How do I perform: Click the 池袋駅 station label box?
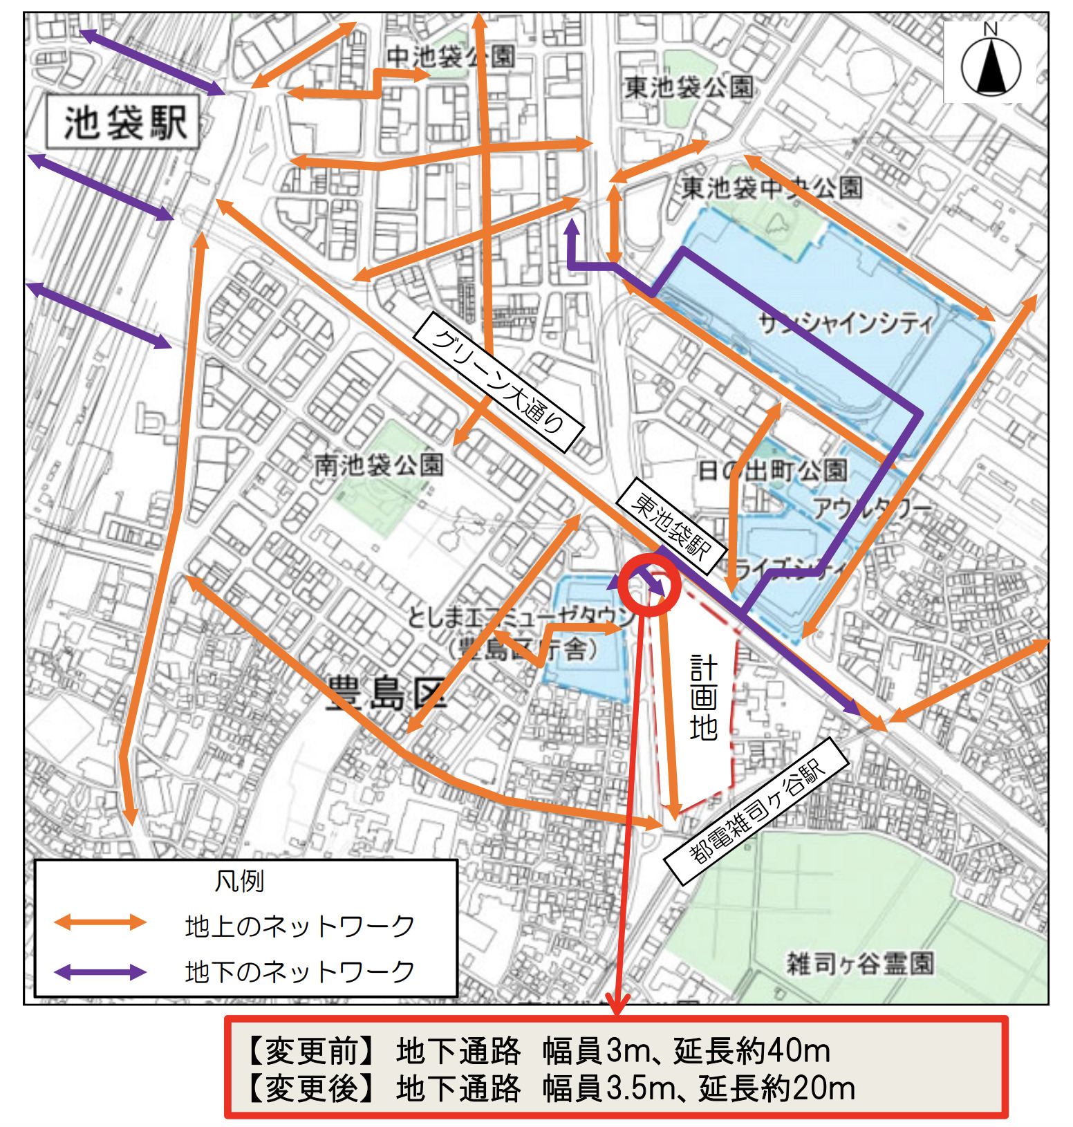(x=124, y=122)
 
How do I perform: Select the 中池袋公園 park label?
(x=450, y=56)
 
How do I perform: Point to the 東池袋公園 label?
(x=689, y=87)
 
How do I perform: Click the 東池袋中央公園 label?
(x=772, y=187)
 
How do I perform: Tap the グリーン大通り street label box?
(x=498, y=381)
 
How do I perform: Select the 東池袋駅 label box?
(x=671, y=526)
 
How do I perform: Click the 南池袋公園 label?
(x=378, y=465)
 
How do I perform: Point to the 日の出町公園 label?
(x=772, y=471)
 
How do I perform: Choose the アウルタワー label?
(x=872, y=508)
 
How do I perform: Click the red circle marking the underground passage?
(x=649, y=585)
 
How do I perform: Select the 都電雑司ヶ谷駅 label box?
(x=756, y=810)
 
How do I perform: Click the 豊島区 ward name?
(x=386, y=693)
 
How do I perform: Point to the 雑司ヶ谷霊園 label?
(x=860, y=962)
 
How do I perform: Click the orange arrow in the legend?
(x=100, y=922)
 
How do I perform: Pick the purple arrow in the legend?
(x=100, y=972)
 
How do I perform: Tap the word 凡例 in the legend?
(x=239, y=881)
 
